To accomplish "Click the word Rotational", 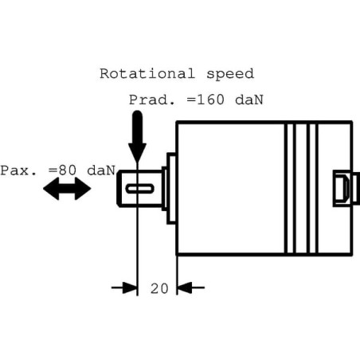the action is [x=147, y=73].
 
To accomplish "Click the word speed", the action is [x=230, y=74].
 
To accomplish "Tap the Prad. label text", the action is [x=152, y=100].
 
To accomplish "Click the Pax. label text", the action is [x=18, y=170].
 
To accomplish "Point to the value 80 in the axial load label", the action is [x=68, y=170].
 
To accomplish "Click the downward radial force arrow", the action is [x=137, y=136].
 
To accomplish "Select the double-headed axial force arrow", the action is [x=67, y=189].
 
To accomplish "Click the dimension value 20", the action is [x=159, y=288].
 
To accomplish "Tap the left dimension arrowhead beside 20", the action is [x=130, y=288].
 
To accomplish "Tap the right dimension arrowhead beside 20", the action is [x=184, y=288].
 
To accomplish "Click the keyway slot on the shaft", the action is [x=140, y=189].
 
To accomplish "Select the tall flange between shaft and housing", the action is [x=171, y=189].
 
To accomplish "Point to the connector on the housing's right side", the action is [x=346, y=189].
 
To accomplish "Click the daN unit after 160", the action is [x=249, y=100].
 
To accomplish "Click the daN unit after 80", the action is [x=101, y=170].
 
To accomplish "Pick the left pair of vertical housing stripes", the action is [x=290, y=189].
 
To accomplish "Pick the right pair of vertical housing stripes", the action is [x=312, y=189].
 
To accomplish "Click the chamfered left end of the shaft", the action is [x=119, y=189].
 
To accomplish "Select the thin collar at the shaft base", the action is [x=164, y=189].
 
